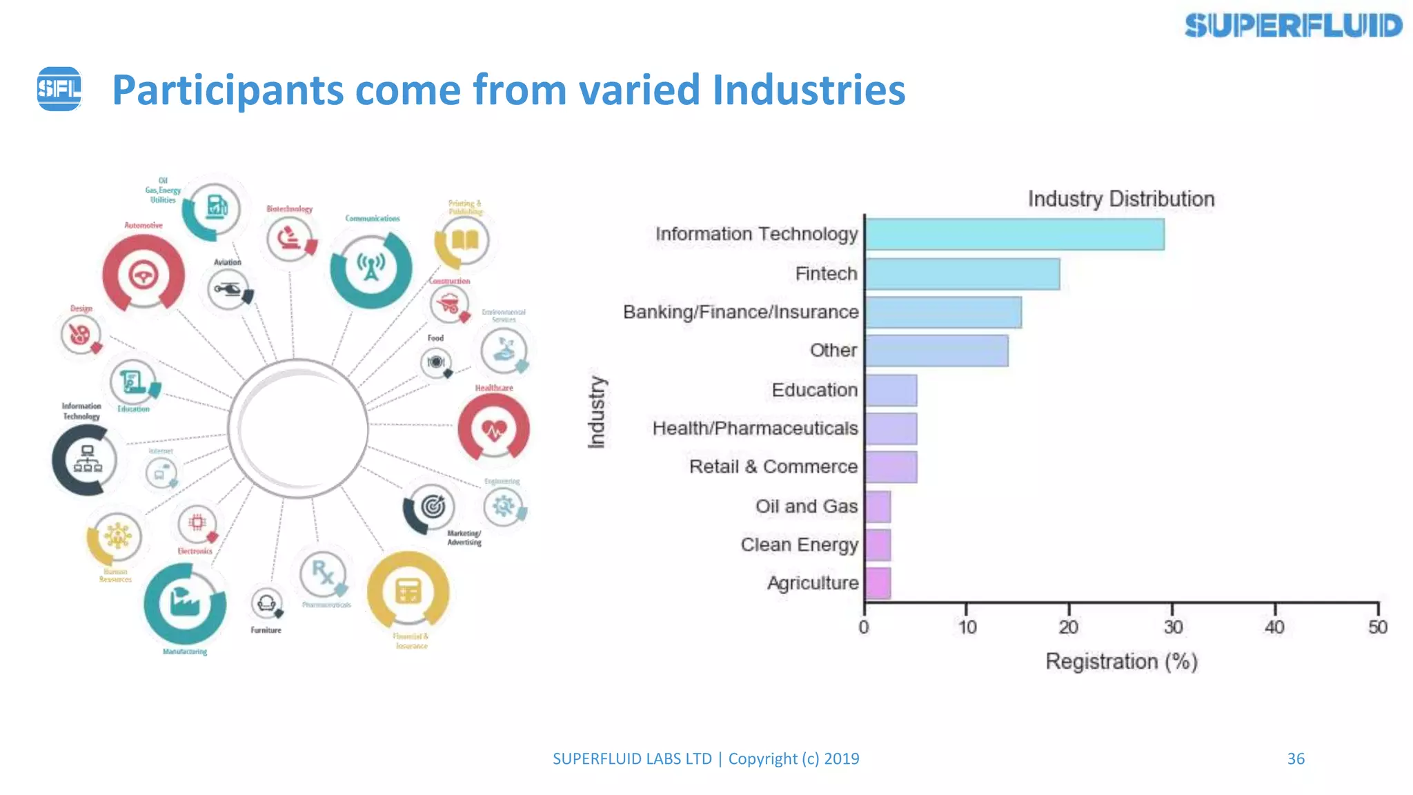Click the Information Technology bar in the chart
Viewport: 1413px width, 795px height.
pos(1014,235)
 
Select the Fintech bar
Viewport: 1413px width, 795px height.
pos(962,274)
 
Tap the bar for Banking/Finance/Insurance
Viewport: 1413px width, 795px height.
pos(942,313)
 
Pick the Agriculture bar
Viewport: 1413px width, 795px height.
pos(878,583)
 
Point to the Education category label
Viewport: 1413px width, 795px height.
pos(814,390)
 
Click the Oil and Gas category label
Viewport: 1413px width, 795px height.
pos(806,506)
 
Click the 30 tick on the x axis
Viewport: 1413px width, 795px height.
pos(1173,627)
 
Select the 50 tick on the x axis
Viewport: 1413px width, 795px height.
pos(1377,627)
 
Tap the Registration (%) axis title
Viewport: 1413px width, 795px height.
pos(1120,661)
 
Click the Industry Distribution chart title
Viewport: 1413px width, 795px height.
pos(1120,199)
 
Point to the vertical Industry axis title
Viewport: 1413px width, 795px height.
pos(597,412)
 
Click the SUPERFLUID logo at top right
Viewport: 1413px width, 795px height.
pos(1293,26)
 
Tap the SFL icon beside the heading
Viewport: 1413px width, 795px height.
pos(59,89)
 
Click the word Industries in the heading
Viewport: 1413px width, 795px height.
pos(809,90)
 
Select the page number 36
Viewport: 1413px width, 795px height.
pos(1296,758)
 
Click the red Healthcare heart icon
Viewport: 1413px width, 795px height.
pos(494,429)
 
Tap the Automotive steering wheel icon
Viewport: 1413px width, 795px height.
pos(144,275)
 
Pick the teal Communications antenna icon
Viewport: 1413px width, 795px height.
pos(371,268)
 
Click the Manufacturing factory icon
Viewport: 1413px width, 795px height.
pos(184,603)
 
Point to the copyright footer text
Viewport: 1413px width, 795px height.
pos(705,758)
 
